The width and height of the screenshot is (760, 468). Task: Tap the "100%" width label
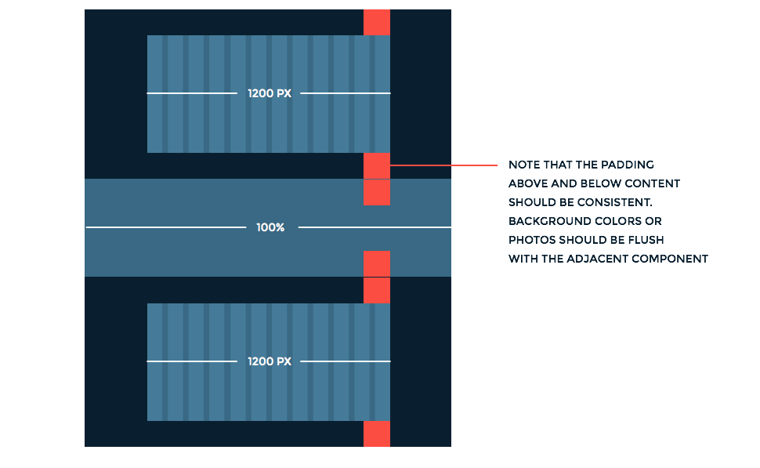tap(270, 227)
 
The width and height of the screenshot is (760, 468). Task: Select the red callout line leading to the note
tap(443, 165)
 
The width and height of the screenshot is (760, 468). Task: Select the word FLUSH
tap(646, 240)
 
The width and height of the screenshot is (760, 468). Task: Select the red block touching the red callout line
tap(377, 165)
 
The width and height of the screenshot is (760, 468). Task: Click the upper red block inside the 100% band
tap(377, 192)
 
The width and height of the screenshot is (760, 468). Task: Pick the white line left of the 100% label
tap(165, 227)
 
